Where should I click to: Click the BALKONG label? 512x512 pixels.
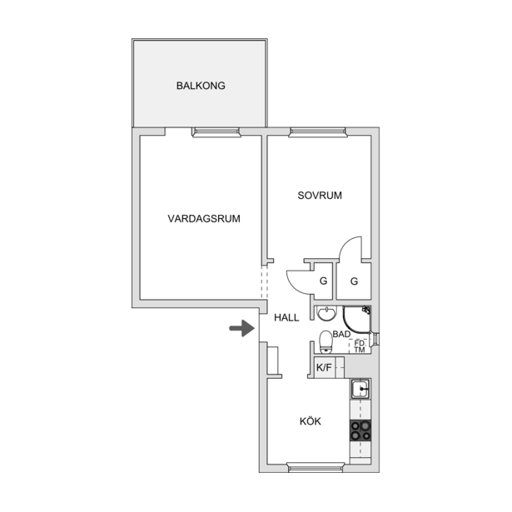point(201,86)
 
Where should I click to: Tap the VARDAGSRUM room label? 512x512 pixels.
point(204,218)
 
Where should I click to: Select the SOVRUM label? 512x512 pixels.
point(320,196)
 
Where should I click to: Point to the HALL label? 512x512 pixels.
point(286,317)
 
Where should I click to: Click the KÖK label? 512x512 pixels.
point(311,420)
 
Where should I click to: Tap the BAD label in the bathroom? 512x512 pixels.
point(341,334)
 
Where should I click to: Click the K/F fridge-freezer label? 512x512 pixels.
point(324,368)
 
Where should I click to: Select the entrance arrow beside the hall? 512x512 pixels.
point(242,328)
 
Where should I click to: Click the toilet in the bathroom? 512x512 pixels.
point(326,342)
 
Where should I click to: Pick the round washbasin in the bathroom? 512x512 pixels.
point(326,314)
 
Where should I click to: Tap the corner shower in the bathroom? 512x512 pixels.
point(357,320)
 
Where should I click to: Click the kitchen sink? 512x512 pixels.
point(360,389)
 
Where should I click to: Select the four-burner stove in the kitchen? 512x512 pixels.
point(360,430)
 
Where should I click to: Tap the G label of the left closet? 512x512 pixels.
point(323,281)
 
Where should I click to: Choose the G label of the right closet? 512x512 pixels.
point(354,281)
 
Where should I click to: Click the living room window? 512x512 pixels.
point(216,132)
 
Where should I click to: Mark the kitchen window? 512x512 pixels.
point(316,467)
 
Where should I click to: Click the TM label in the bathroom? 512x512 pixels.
point(360,350)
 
